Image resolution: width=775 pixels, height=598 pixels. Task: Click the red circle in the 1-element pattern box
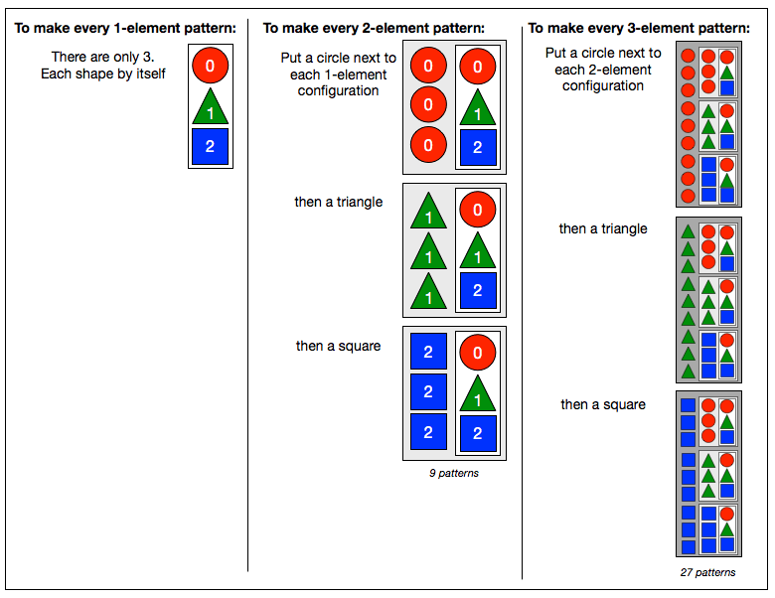coord(210,66)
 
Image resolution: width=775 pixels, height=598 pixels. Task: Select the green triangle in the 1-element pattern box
coord(210,106)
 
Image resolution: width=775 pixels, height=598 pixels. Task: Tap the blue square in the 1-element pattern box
coord(210,146)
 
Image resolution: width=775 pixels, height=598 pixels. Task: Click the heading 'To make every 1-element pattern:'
coord(125,28)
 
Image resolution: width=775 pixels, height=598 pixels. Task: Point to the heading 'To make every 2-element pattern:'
coord(374,28)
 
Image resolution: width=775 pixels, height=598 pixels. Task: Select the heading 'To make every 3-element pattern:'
coord(639,28)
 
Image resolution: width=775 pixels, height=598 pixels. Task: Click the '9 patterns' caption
coord(454,473)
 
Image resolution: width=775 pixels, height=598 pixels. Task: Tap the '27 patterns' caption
coord(707,572)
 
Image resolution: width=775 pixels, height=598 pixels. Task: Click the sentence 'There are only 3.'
coord(102,57)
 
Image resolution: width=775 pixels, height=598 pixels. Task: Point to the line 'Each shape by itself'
coord(102,74)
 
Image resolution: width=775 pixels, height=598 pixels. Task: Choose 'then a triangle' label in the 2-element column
coord(339,202)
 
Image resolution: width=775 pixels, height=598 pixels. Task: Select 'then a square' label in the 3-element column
coord(603,404)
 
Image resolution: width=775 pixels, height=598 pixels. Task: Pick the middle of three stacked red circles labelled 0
coord(428,104)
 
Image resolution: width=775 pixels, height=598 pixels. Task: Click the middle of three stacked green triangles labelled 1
coord(428,251)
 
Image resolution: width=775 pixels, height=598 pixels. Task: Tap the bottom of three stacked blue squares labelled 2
coord(428,432)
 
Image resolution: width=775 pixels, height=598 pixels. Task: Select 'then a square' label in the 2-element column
coord(339,346)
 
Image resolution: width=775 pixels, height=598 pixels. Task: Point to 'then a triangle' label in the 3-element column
coord(603,228)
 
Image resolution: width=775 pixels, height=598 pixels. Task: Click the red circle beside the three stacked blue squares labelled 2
coord(478,353)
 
